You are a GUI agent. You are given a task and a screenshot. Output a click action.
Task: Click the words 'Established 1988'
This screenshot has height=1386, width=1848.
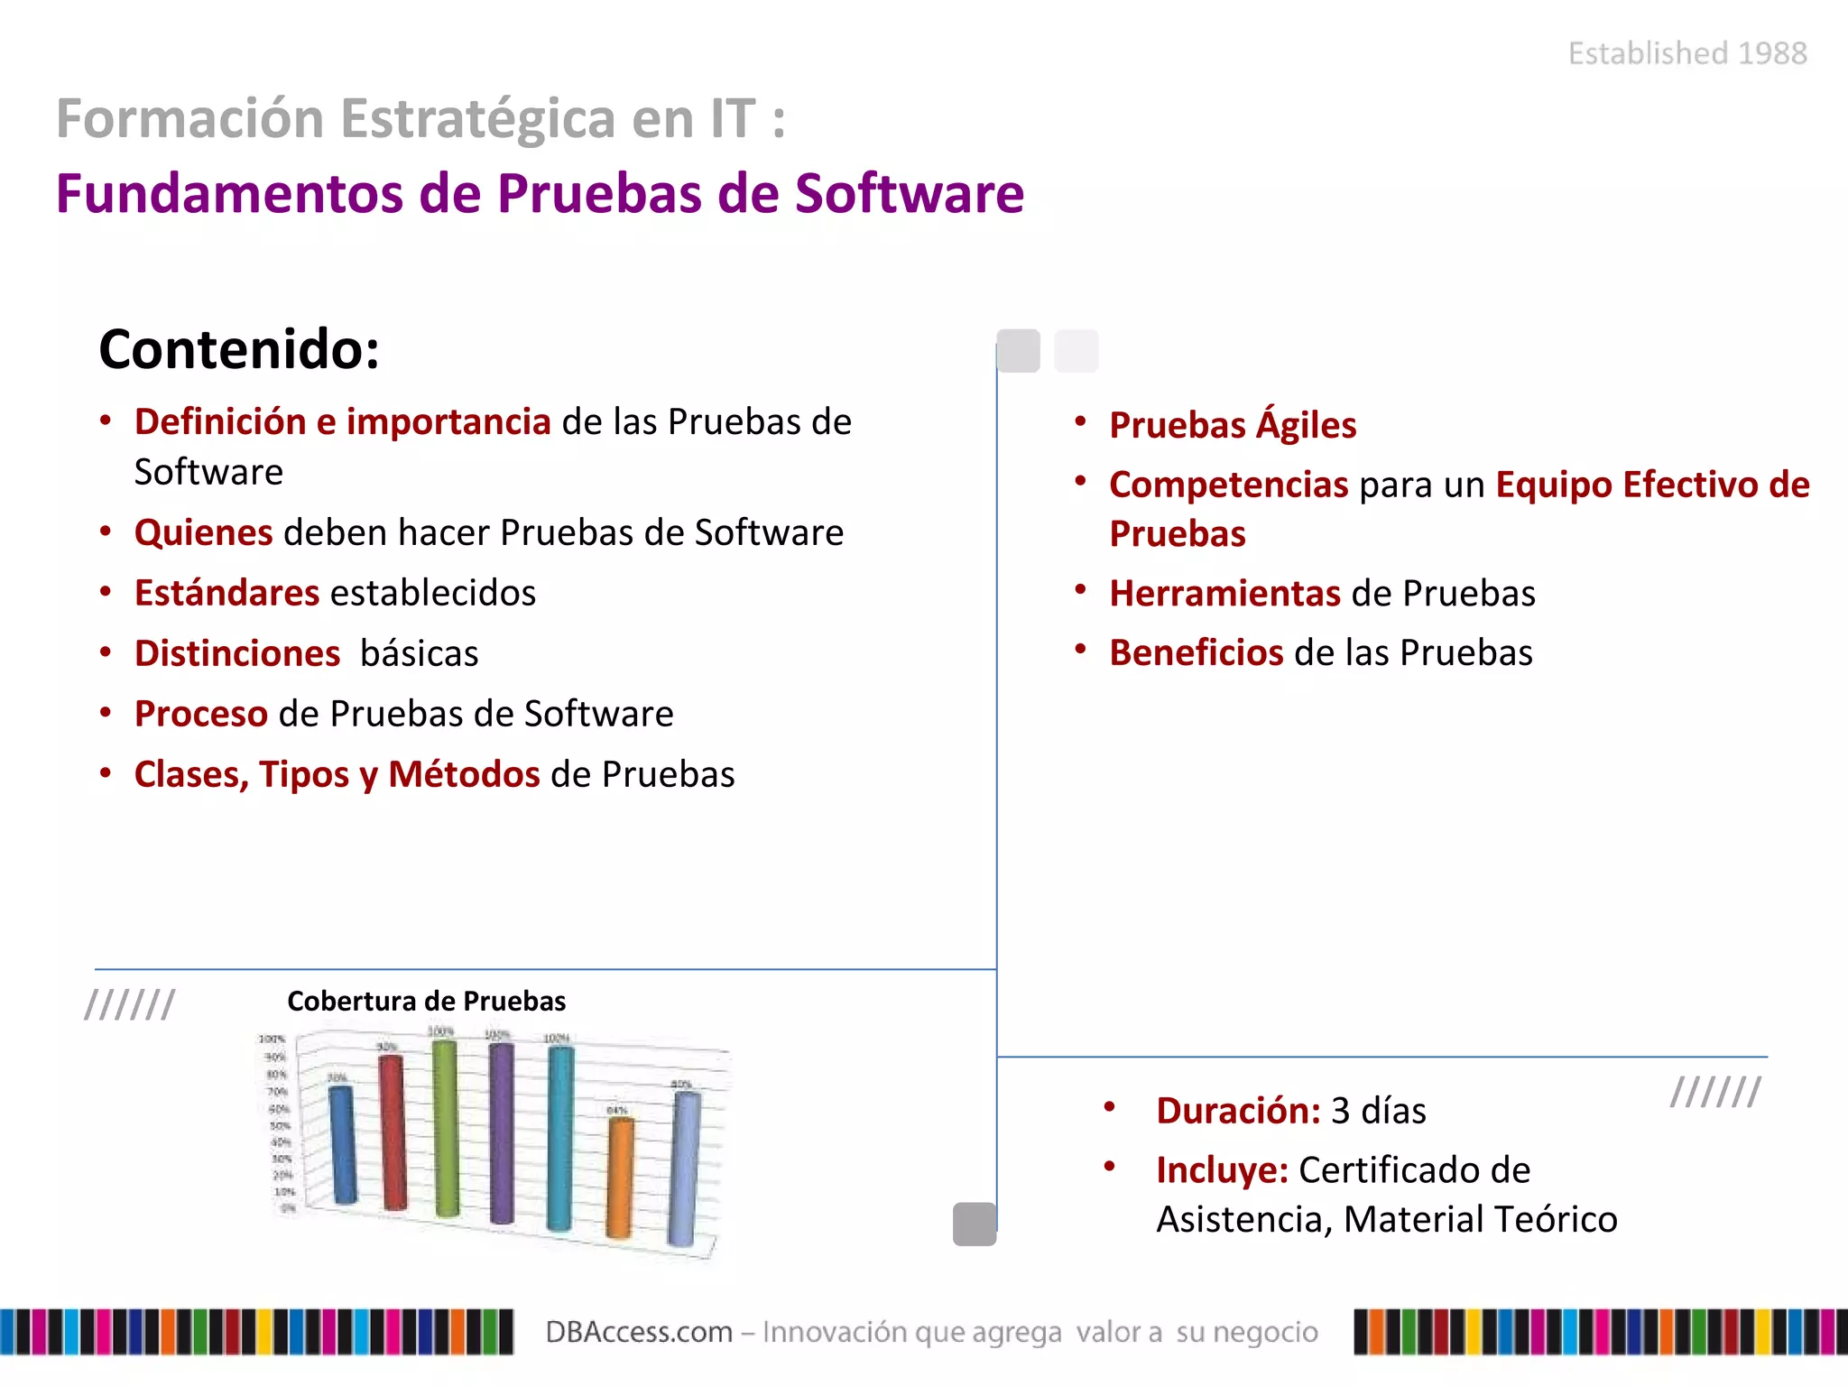point(1687,53)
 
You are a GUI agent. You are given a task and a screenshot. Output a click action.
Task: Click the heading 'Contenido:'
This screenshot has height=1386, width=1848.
point(239,349)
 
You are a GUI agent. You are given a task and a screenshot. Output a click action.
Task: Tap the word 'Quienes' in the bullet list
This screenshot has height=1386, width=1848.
point(204,533)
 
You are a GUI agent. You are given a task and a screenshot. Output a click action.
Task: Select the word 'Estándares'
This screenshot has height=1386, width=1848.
point(226,594)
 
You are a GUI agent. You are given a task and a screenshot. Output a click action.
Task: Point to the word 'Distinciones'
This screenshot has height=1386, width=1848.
point(237,654)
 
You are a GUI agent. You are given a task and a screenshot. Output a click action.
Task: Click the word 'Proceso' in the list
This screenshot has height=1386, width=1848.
point(201,715)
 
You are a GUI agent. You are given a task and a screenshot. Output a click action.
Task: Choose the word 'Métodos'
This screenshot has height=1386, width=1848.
point(464,775)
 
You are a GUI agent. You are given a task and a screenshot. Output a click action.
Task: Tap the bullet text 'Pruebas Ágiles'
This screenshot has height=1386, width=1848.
point(1233,425)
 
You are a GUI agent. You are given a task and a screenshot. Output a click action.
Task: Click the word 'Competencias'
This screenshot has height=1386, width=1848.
point(1229,485)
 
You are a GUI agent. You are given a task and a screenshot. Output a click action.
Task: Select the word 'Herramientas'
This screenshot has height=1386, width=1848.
point(1225,594)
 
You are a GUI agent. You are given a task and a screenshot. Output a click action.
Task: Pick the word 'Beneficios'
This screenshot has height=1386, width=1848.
point(1197,653)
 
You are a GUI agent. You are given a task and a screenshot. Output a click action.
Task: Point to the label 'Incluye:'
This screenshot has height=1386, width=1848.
point(1222,1170)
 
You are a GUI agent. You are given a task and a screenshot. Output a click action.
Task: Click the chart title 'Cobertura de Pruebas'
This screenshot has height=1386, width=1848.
point(426,1002)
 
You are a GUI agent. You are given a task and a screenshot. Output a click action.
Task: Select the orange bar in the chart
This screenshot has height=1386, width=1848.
point(620,1178)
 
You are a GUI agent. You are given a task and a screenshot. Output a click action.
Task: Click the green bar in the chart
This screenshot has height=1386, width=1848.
point(446,1128)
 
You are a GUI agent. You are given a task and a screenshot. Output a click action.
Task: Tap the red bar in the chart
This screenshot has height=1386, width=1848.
point(393,1132)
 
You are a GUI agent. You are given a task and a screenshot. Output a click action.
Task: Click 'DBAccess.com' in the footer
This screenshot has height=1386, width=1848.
point(639,1332)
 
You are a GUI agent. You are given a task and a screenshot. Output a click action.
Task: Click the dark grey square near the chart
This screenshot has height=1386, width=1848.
point(975,1224)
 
